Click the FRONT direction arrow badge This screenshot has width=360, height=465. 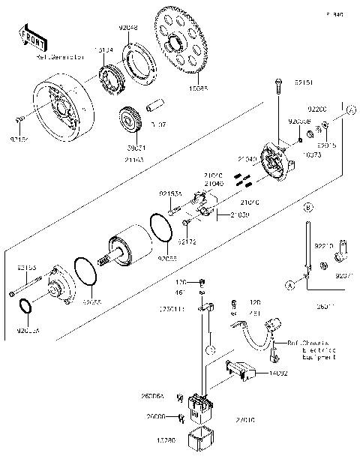[x=28, y=37]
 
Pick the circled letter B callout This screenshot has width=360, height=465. [x=307, y=205]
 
